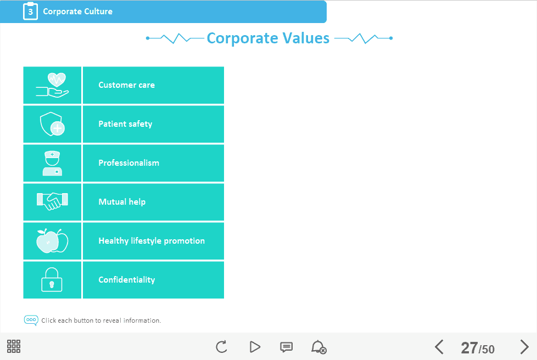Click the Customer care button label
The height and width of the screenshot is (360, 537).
(126, 85)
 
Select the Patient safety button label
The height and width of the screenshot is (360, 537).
(125, 124)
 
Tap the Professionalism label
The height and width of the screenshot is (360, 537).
(129, 163)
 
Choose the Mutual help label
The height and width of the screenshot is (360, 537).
(122, 202)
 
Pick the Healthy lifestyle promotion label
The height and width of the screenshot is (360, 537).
(152, 241)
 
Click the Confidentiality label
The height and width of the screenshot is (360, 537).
(127, 280)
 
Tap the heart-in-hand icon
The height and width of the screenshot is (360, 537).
(52, 85)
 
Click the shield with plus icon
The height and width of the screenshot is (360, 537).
(52, 124)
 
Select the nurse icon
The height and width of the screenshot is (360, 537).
(52, 163)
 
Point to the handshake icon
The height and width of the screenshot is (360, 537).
(52, 201)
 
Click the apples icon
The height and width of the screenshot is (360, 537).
(52, 241)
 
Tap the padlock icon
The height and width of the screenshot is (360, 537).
(52, 279)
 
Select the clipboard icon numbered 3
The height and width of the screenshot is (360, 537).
(31, 11)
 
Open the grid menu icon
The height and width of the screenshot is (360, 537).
(14, 346)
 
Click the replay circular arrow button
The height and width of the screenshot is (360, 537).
(222, 347)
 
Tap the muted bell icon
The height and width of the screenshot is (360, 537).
(318, 347)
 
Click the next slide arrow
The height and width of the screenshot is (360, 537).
(524, 347)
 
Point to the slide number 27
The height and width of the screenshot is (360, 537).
(469, 348)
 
